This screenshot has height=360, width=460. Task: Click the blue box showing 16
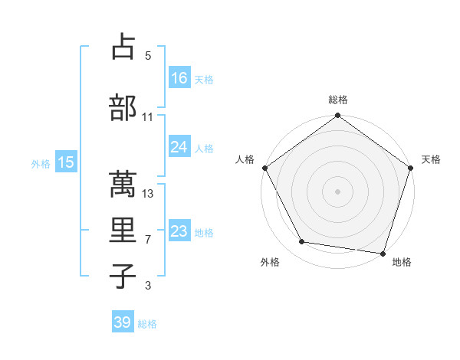179,77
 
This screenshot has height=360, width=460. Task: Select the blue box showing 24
179,147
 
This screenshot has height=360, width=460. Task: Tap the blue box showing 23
179,231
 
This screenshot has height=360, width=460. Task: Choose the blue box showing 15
66,162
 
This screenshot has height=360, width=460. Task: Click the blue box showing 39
123,322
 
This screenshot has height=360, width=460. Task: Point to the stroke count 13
149,193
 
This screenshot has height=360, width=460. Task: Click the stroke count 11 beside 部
148,117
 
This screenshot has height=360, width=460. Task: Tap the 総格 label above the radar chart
337,100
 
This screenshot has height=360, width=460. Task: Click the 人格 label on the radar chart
245,159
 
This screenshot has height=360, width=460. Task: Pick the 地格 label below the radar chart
402,262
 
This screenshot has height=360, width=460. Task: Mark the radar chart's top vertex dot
337,116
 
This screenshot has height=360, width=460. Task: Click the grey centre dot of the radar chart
337,191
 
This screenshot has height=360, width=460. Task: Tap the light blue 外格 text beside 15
41,163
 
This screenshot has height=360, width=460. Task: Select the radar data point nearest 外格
302,242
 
